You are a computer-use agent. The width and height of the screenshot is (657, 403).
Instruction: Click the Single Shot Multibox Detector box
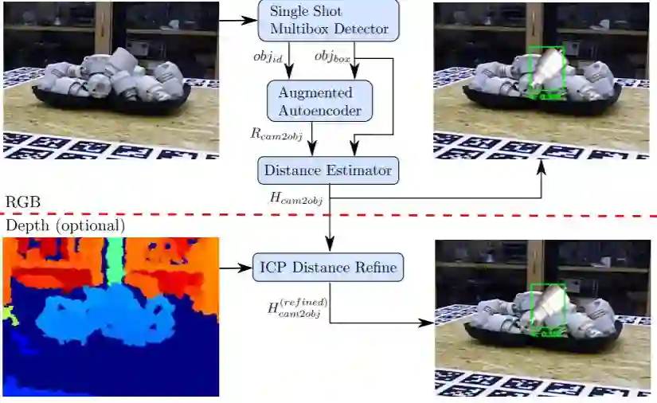[x=328, y=20]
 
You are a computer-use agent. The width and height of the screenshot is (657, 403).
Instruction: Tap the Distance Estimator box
[x=327, y=170]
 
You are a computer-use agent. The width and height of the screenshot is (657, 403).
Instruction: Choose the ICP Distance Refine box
[x=328, y=267]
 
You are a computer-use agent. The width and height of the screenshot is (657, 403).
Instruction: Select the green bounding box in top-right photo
[x=546, y=72]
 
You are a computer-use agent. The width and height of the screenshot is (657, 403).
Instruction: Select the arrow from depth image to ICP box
[x=235, y=268]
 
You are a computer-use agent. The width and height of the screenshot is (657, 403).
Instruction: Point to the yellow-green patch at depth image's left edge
[x=9, y=314]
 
